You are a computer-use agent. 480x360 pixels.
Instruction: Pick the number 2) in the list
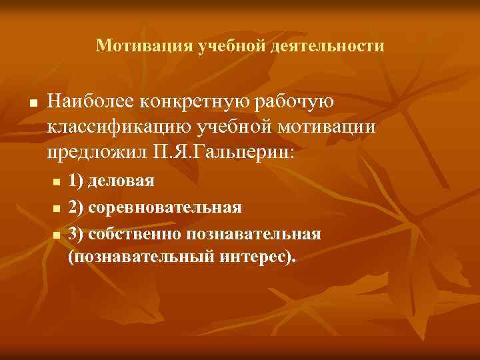pyautogui.click(x=75, y=207)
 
